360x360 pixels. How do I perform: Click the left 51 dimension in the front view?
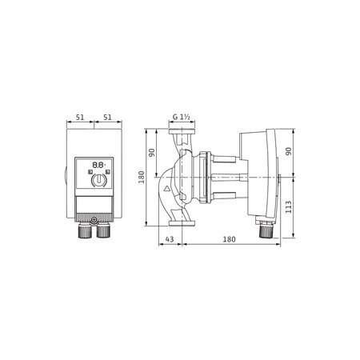[x=79, y=116]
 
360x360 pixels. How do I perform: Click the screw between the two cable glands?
[x=94, y=218]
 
